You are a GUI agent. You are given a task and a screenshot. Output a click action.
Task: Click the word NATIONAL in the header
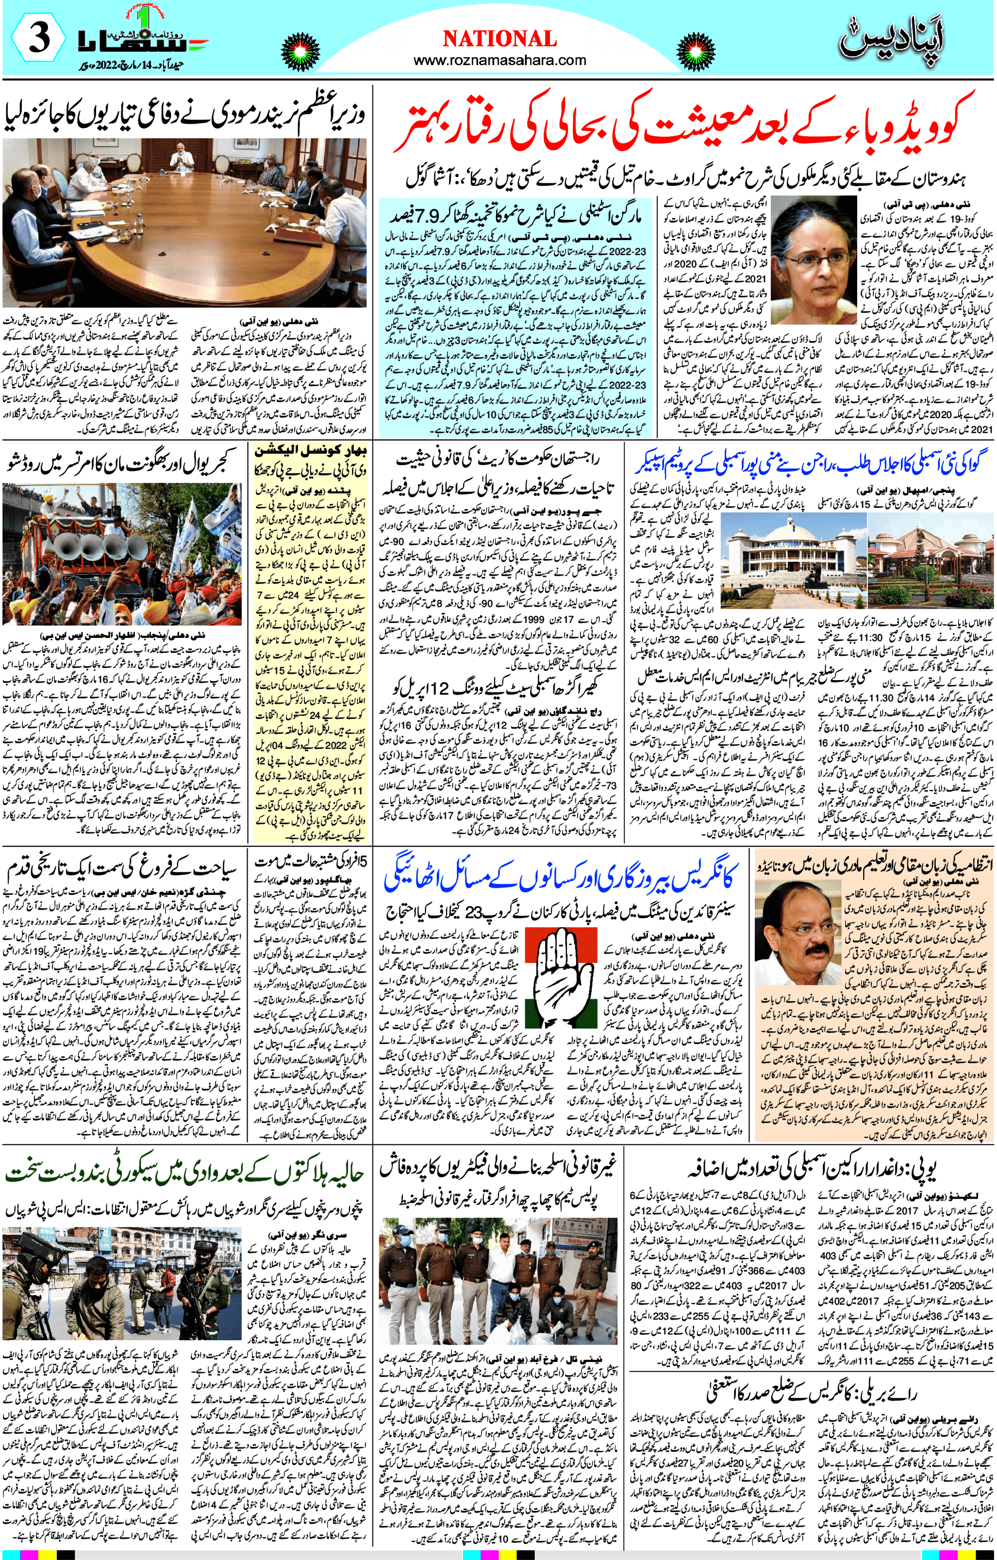(x=499, y=39)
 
